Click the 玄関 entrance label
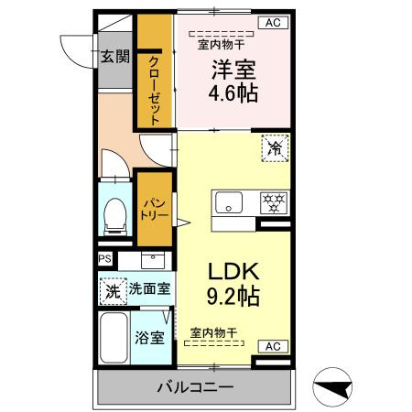click(114, 57)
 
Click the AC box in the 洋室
click(273, 22)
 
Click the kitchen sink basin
click(226, 201)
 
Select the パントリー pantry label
click(151, 210)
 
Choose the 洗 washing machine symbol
click(112, 290)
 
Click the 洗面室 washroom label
click(148, 288)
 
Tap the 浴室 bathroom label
click(151, 337)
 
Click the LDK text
click(233, 271)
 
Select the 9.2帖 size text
click(233, 296)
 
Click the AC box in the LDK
click(273, 346)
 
